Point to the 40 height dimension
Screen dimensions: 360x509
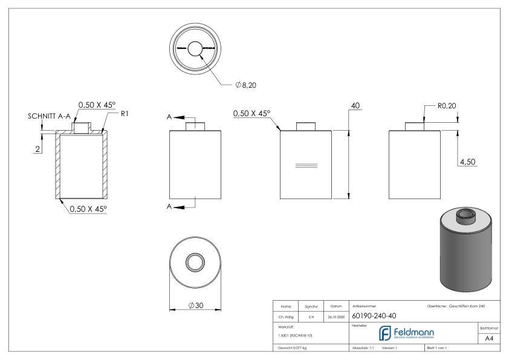[355, 105]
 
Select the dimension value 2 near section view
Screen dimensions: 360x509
[37, 149]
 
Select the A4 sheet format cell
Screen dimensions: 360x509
[491, 338]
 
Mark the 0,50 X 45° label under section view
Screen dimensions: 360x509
[88, 209]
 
